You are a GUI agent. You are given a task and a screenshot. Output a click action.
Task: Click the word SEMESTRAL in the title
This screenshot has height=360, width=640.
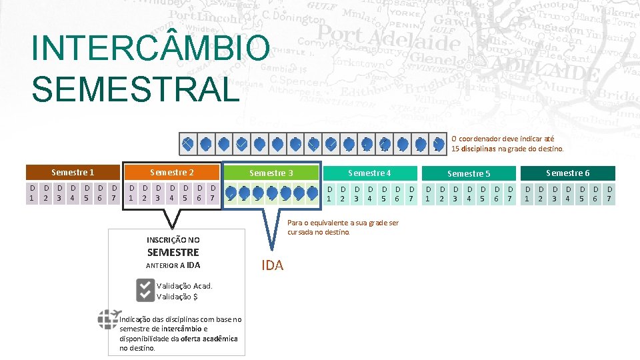click(x=135, y=89)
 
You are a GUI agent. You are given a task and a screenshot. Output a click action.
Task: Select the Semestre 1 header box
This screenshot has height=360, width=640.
click(x=73, y=172)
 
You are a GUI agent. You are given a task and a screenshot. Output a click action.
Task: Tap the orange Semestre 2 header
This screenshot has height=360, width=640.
click(x=172, y=172)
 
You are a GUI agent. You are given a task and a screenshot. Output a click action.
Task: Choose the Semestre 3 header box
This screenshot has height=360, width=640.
click(x=271, y=173)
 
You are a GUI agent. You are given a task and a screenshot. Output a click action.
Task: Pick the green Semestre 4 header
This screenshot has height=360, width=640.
click(x=369, y=173)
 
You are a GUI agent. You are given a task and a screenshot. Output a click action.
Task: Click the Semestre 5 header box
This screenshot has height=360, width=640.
click(x=469, y=173)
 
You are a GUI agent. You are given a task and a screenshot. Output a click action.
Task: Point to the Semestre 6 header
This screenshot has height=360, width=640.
click(x=567, y=173)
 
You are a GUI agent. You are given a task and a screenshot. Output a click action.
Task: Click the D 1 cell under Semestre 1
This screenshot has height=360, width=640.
click(x=32, y=193)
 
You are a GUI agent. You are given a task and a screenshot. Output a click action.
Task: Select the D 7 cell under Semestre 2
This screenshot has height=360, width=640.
click(x=212, y=193)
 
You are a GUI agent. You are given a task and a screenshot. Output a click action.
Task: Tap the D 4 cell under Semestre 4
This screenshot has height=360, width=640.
click(x=369, y=193)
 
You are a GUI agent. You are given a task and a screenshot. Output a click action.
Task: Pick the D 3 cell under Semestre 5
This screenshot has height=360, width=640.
click(x=455, y=193)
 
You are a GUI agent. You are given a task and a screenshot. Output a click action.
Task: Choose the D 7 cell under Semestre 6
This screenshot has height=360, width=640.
click(x=608, y=193)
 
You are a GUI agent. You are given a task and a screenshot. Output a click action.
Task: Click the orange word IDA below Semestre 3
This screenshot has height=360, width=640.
click(x=273, y=265)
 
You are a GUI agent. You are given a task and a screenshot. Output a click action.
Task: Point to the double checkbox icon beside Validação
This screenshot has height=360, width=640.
click(x=145, y=290)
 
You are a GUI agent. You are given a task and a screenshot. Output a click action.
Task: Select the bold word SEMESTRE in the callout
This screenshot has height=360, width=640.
click(x=173, y=252)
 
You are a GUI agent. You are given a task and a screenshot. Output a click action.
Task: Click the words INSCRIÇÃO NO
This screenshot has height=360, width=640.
click(x=173, y=239)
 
